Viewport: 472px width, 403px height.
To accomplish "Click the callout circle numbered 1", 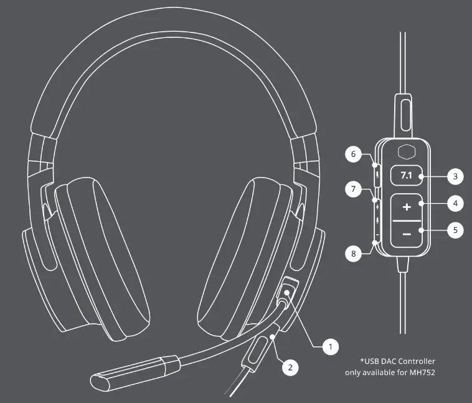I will (331, 344).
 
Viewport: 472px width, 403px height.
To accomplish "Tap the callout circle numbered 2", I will (289, 367).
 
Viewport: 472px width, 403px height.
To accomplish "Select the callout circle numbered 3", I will (456, 176).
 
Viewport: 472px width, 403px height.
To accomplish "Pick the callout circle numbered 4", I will (456, 203).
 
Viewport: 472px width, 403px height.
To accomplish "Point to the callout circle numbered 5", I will (456, 230).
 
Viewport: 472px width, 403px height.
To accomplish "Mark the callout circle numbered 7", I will (353, 189).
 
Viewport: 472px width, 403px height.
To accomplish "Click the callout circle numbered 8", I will (353, 254).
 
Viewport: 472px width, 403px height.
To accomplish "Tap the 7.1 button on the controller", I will (406, 176).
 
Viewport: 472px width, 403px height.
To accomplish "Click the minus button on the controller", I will (406, 234).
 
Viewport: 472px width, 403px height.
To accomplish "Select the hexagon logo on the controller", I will (406, 153).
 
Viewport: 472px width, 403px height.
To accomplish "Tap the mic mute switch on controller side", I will (375, 172).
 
